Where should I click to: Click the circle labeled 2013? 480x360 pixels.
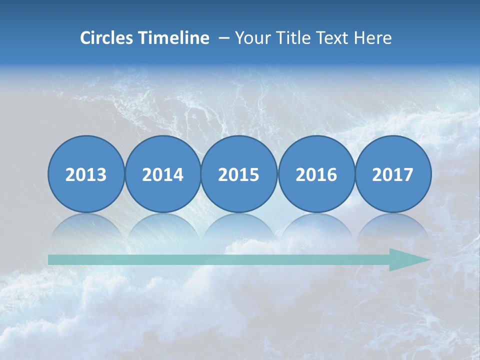click(86, 174)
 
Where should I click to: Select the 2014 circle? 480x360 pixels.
click(162, 174)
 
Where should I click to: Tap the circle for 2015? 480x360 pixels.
click(239, 174)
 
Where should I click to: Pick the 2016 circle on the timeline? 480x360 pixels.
click(316, 174)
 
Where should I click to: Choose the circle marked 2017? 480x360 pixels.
click(392, 174)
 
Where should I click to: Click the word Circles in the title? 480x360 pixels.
click(106, 38)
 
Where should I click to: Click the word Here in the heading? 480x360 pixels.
click(372, 38)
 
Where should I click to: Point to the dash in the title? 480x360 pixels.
click(224, 38)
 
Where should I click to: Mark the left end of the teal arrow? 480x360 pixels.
click(50, 260)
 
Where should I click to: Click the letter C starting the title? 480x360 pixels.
click(85, 38)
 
